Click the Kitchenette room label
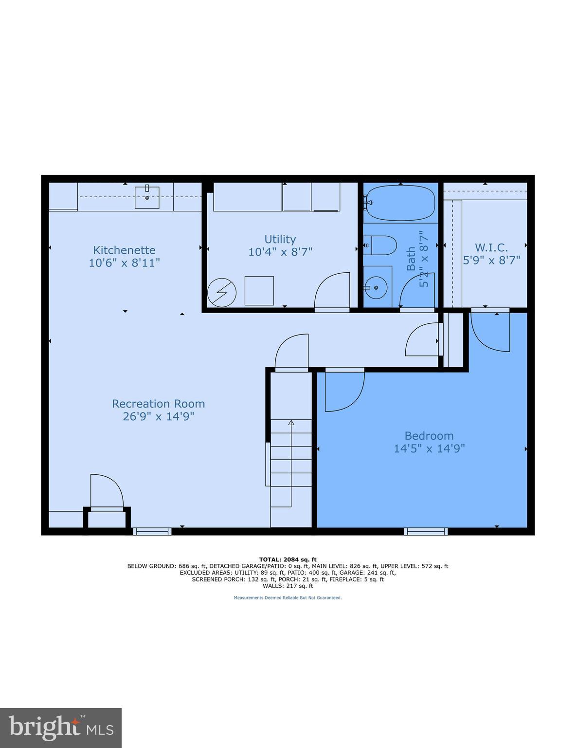(124, 250)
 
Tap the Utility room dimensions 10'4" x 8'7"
(280, 252)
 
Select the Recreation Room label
(158, 404)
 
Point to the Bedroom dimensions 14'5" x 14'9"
(429, 449)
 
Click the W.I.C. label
(491, 247)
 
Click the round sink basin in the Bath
(376, 287)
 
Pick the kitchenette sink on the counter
(147, 197)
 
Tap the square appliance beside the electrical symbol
(259, 291)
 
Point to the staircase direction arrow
(291, 423)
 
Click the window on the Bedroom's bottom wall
(426, 531)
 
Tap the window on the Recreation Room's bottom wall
(152, 531)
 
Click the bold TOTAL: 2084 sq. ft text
(288, 560)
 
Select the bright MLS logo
(61, 728)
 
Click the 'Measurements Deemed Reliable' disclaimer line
(288, 598)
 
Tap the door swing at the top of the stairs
(292, 352)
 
